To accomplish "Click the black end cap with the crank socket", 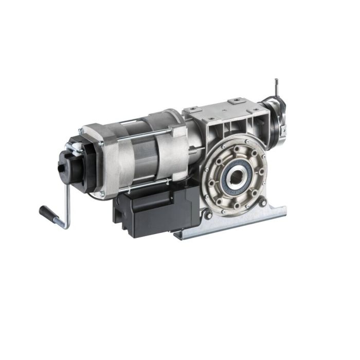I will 72,167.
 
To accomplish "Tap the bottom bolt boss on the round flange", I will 237,206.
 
